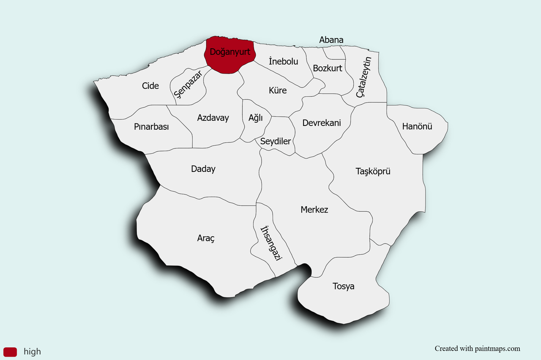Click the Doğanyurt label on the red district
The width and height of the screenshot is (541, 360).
(230, 53)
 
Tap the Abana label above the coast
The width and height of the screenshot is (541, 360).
(331, 40)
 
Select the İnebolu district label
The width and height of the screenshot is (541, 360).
(283, 61)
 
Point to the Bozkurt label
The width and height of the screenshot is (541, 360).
(328, 68)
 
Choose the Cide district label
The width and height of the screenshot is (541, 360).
(150, 86)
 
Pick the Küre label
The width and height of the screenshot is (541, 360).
(278, 90)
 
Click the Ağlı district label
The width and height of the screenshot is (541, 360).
(256, 118)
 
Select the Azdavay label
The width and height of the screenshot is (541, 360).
(213, 118)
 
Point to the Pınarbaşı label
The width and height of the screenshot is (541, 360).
(151, 126)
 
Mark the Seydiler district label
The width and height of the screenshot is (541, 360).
(276, 141)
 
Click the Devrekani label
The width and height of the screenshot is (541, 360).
(322, 123)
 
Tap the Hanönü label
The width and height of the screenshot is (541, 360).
(417, 126)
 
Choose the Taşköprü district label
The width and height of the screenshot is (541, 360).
(373, 171)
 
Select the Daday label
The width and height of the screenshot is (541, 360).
(203, 169)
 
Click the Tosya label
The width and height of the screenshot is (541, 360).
(344, 286)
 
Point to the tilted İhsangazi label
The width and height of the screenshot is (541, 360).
(271, 243)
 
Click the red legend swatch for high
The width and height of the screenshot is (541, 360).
(10, 352)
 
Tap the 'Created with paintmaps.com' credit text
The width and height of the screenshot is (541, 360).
(477, 349)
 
